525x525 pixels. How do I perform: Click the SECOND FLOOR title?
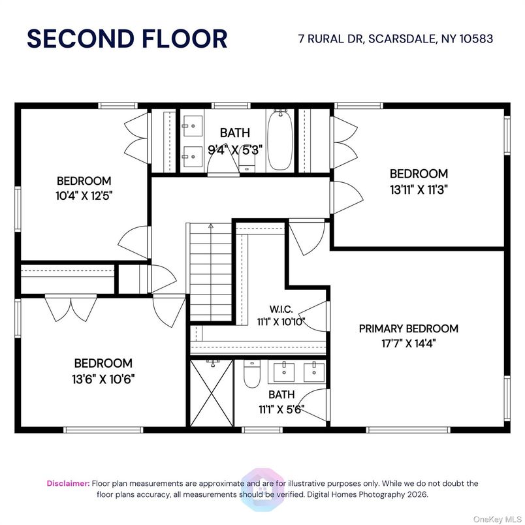pyautogui.click(x=127, y=39)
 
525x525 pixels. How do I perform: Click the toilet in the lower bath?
pyautogui.click(x=252, y=375)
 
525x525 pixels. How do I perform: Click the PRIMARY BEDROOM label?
pyautogui.click(x=408, y=328)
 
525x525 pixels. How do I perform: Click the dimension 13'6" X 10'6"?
pyautogui.click(x=103, y=378)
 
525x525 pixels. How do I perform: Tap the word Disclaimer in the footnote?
pyautogui.click(x=68, y=483)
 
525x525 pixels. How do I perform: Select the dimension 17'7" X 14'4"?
pyautogui.click(x=408, y=344)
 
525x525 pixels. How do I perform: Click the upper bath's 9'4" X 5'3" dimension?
pyautogui.click(x=235, y=149)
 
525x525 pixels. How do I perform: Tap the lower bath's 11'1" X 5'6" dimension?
pyautogui.click(x=281, y=410)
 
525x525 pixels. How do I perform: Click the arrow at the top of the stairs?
pyautogui.click(x=210, y=226)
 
